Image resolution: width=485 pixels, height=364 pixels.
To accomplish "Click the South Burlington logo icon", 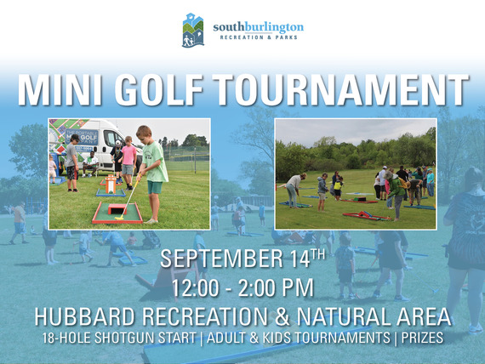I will click(x=193, y=31).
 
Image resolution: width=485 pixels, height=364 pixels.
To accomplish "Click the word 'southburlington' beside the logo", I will click(x=258, y=27).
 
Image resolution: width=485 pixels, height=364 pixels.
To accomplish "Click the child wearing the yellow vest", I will click(x=334, y=184).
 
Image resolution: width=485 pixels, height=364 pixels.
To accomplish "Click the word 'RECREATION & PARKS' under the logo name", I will click(x=258, y=38).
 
